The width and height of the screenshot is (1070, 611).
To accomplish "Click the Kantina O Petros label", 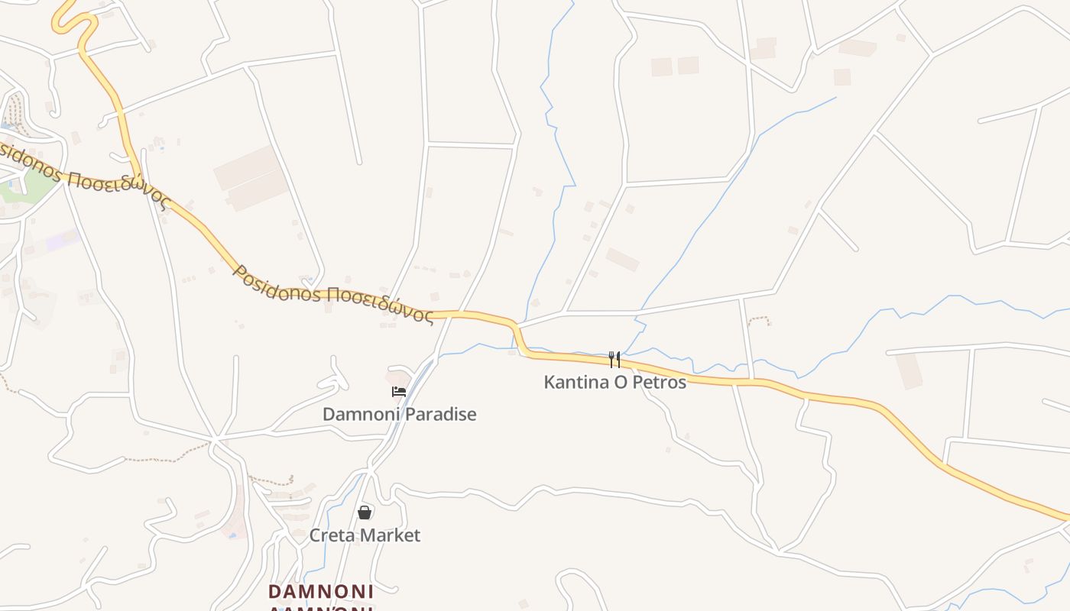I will coord(614,382).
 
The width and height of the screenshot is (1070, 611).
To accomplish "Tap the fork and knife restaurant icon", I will coord(614,360).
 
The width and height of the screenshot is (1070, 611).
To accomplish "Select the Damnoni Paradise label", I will coord(399,415).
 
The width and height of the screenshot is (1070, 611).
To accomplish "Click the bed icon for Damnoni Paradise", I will coord(398,392).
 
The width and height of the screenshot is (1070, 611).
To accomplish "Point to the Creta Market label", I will coord(365,535).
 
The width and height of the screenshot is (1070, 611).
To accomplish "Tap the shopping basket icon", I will coord(365,512).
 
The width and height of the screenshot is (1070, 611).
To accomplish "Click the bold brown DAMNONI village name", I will coord(321,592).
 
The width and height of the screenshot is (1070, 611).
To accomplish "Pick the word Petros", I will coord(658,382).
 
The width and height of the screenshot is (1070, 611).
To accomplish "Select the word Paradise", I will coord(439,415).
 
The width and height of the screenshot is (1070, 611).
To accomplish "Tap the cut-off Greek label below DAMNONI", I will coord(321,608).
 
